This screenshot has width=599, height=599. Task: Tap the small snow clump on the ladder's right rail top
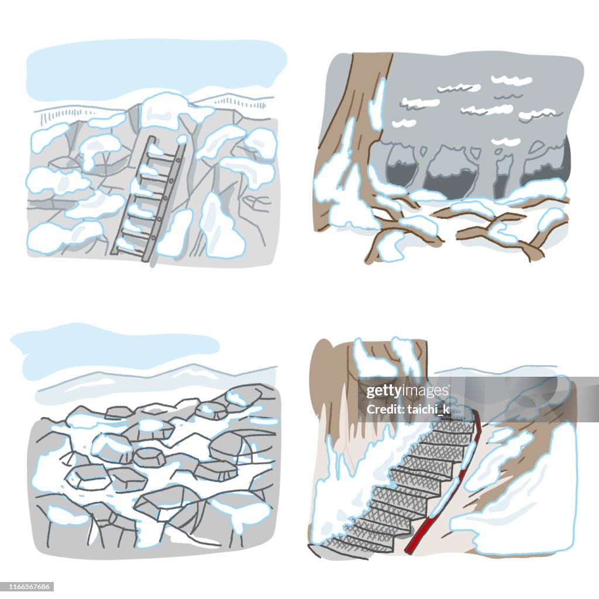tap(182, 139)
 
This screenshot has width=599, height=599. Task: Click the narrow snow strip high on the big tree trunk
tap(377, 105)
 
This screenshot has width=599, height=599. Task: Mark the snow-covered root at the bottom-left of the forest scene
tap(389, 246)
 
